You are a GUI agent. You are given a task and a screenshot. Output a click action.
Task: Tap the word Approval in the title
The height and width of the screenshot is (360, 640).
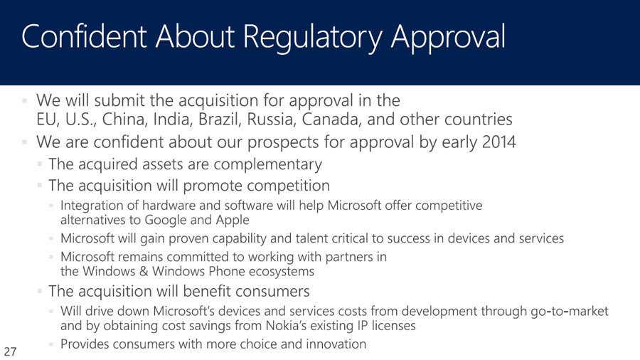pos(448,38)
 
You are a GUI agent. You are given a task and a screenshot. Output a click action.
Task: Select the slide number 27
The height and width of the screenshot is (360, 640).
pos(10,351)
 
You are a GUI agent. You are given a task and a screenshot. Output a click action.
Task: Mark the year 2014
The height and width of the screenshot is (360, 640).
pos(499,142)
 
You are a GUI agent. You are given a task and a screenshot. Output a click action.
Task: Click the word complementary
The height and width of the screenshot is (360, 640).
pos(268,164)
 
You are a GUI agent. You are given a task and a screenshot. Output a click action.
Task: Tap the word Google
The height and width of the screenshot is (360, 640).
pos(165,220)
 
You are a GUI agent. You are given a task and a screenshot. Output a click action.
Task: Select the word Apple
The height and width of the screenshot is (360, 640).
pos(233,220)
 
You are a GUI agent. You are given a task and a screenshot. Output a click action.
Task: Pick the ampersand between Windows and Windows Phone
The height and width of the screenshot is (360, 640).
pos(143,272)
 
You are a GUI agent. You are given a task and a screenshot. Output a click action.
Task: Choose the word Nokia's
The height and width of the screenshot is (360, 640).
pos(286,326)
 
